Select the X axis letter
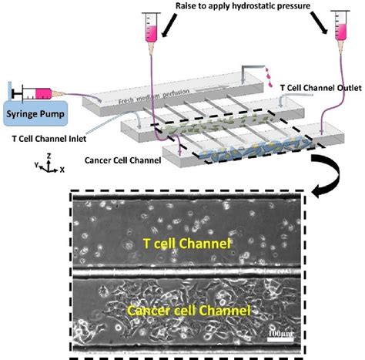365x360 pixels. [x=62, y=167]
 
